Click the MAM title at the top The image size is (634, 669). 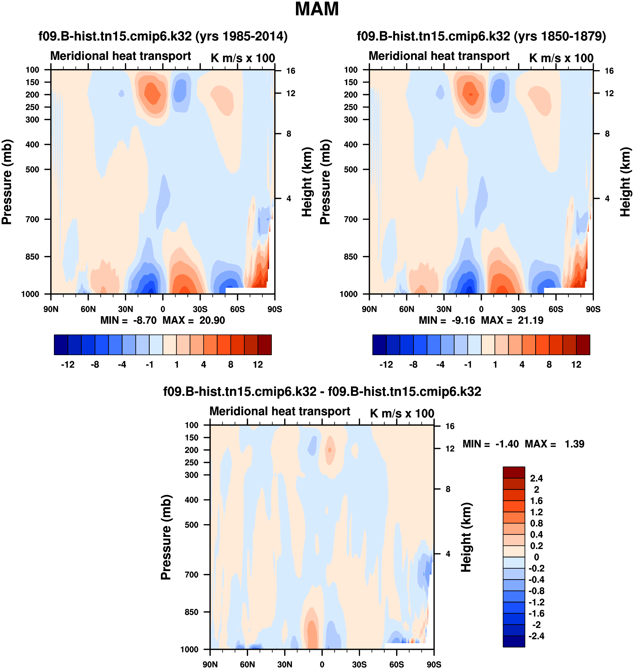tap(317, 9)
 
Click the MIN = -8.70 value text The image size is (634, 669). tap(128, 320)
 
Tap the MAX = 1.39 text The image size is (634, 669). tap(554, 444)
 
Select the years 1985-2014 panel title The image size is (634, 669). tap(163, 36)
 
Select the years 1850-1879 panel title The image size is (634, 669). tap(481, 36)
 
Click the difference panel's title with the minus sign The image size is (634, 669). tap(322, 392)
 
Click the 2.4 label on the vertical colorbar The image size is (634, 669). tap(536, 478)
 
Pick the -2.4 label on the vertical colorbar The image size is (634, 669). tap(536, 636)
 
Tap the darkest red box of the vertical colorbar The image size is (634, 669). tap(514, 472)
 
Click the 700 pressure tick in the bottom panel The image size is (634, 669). tap(191, 575)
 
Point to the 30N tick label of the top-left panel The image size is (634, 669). tap(126, 309)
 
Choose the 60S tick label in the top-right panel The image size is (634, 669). tap(556, 309)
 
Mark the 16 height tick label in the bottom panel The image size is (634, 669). tap(450, 426)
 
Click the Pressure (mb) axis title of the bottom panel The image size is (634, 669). tap(166, 537)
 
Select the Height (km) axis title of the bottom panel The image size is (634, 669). tap(466, 537)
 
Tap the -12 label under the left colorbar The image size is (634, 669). tap(68, 365)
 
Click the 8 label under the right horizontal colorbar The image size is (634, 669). tap(549, 365)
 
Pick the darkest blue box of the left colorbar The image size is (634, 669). tap(61, 345)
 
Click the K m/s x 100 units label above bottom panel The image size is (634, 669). tap(402, 414)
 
